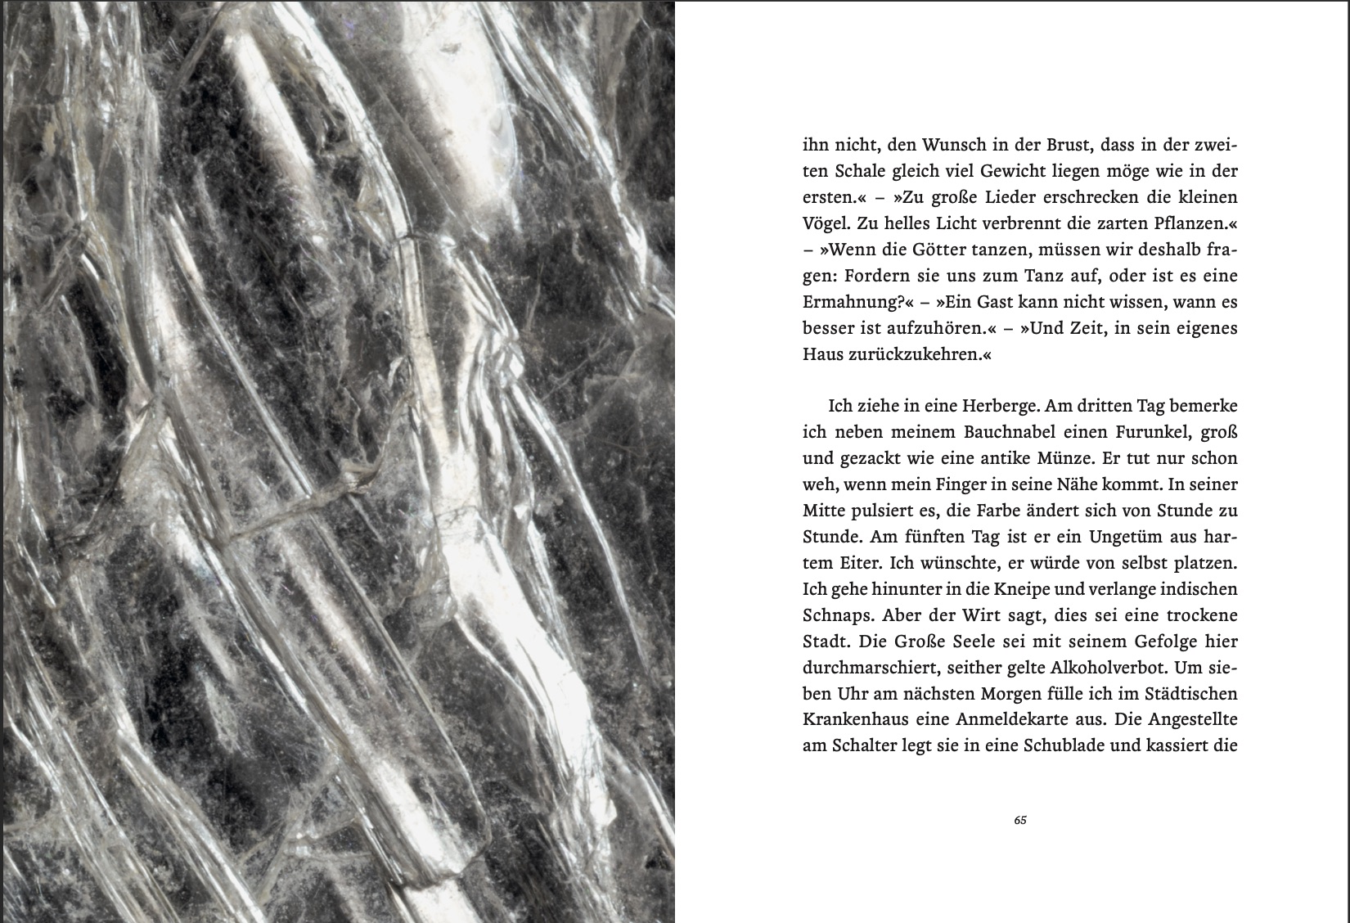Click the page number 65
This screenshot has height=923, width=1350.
(1019, 821)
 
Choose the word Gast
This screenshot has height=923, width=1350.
(979, 302)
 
